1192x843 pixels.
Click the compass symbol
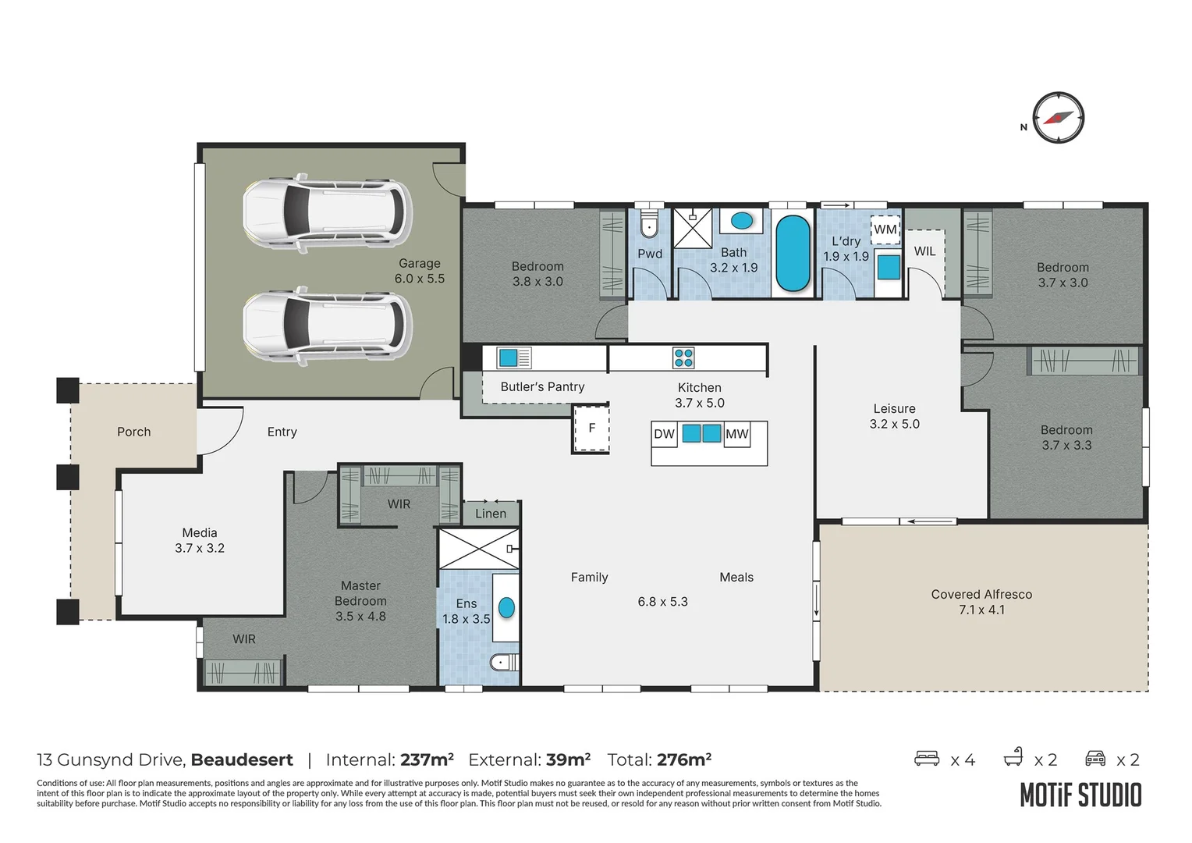(1058, 118)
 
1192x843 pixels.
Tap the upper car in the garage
(327, 213)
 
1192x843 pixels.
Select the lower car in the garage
(327, 326)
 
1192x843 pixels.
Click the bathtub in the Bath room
(793, 254)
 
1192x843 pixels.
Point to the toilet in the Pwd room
(649, 226)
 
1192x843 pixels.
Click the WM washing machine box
(885, 229)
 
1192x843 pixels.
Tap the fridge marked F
(591, 428)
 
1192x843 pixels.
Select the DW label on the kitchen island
(664, 434)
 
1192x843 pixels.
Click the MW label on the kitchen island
(736, 434)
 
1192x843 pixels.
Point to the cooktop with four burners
(683, 358)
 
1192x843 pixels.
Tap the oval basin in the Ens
(506, 607)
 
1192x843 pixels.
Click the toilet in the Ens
(503, 663)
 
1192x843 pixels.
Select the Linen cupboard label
(491, 514)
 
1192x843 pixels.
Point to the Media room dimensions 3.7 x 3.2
(200, 548)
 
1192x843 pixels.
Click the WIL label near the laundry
(924, 251)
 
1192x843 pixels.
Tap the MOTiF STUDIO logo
(1080, 795)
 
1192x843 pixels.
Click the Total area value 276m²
(683, 759)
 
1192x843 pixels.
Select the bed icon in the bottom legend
(927, 758)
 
